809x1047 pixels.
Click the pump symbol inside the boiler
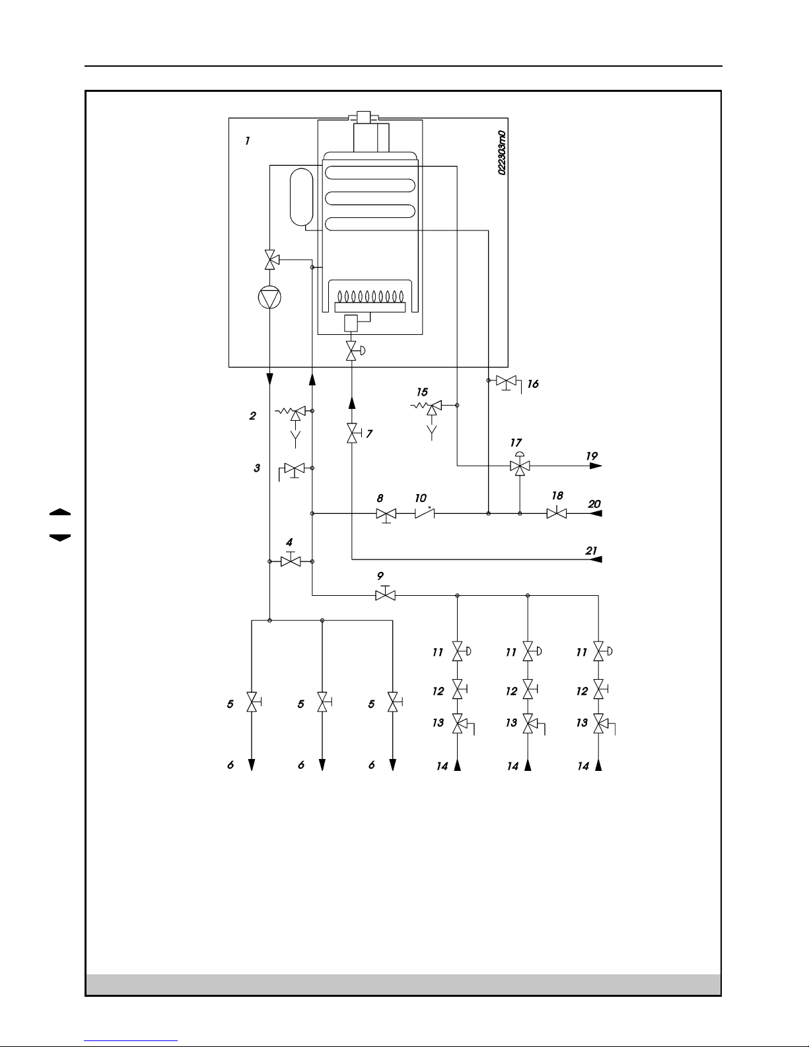pyautogui.click(x=269, y=299)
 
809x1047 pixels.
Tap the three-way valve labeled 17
pyautogui.click(x=520, y=466)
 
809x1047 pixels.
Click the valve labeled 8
pyautogui.click(x=386, y=514)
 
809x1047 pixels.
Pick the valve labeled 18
pyautogui.click(x=556, y=513)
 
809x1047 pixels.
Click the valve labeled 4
pyautogui.click(x=291, y=561)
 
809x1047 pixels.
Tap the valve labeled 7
pyautogui.click(x=351, y=434)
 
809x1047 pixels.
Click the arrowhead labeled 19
pyautogui.click(x=595, y=466)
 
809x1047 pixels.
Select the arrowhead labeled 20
pyautogui.click(x=595, y=513)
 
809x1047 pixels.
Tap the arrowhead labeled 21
pyautogui.click(x=595, y=560)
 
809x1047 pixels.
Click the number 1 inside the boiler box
pyautogui.click(x=247, y=141)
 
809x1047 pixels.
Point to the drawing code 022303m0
pyautogui.click(x=502, y=153)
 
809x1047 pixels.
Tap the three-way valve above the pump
pyautogui.click(x=269, y=260)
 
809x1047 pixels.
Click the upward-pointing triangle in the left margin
pyautogui.click(x=59, y=513)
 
